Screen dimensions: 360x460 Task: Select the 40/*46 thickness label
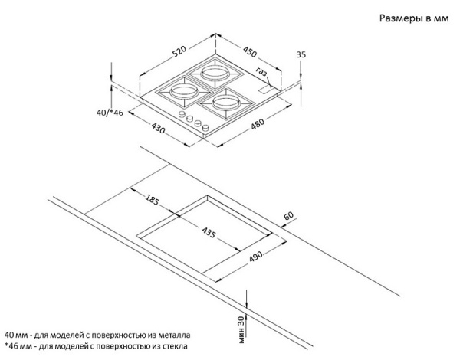pyautogui.click(x=110, y=113)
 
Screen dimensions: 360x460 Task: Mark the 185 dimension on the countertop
pyautogui.click(x=151, y=201)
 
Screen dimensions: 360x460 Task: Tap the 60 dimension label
pyautogui.click(x=288, y=218)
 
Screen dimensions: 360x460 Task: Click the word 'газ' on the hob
pyautogui.click(x=263, y=74)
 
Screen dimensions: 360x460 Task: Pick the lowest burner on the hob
pyautogui.click(x=224, y=102)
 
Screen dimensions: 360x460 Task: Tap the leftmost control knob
pyautogui.click(x=182, y=116)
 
